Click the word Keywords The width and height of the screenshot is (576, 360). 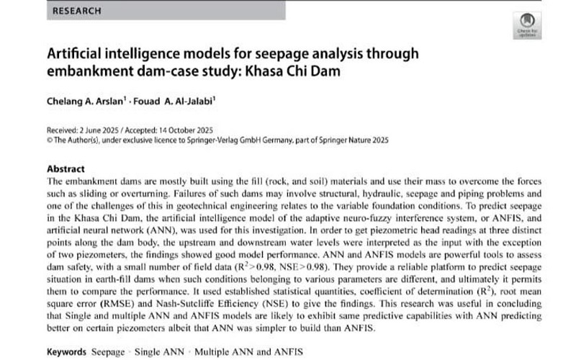tap(68, 353)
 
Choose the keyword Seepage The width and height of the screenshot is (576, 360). tap(108, 353)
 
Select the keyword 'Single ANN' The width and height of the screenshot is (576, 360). tap(160, 353)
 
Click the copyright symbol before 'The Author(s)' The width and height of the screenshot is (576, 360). tap(48, 141)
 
